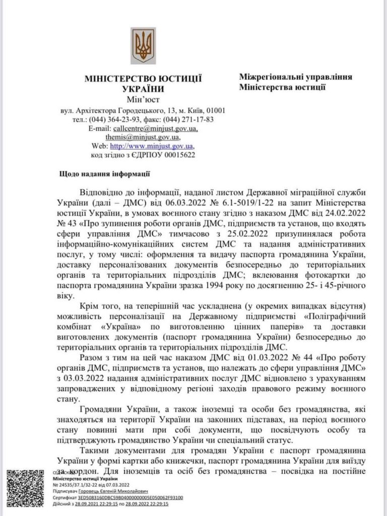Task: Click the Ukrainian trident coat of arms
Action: [x=143, y=45]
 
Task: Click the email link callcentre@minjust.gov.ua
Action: [x=155, y=128]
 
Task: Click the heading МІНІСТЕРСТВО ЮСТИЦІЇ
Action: [x=143, y=79]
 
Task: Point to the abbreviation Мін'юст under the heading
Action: [x=143, y=99]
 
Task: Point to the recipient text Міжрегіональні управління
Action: [x=295, y=77]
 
